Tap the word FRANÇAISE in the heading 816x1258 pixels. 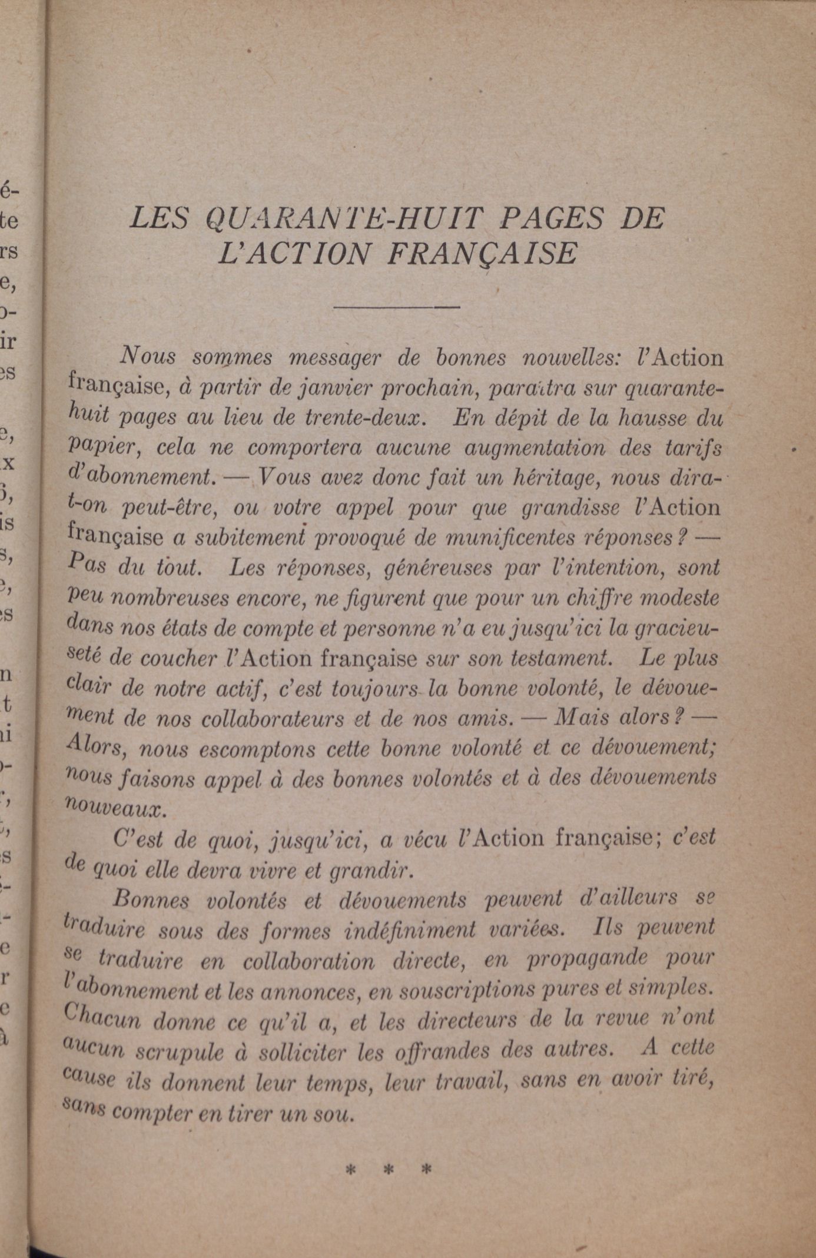pyautogui.click(x=482, y=253)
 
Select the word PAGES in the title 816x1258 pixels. pyautogui.click(x=552, y=218)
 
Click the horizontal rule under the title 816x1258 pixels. pyautogui.click(x=396, y=307)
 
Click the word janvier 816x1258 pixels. pyautogui.click(x=333, y=388)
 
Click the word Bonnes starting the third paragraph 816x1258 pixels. pyautogui.click(x=151, y=899)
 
